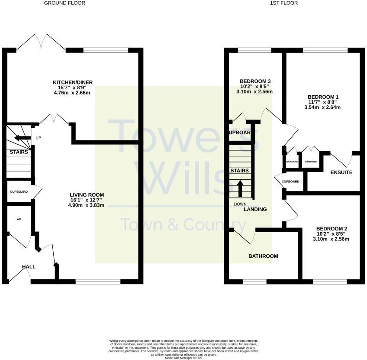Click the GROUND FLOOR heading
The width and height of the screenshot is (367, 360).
tap(64, 3)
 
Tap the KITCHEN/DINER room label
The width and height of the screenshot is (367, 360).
tap(73, 82)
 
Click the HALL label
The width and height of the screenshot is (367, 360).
tap(29, 267)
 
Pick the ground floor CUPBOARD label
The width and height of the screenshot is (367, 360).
tap(19, 191)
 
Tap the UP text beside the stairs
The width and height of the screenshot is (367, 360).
tap(38, 138)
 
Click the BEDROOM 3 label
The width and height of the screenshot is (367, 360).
tap(255, 81)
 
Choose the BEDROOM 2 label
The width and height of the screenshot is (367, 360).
tap(332, 229)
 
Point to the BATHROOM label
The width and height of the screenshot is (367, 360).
tap(263, 256)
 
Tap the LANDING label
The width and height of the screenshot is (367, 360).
tap(255, 209)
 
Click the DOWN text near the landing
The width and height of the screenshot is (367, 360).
tap(240, 204)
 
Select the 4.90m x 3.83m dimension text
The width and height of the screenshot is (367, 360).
tap(86, 205)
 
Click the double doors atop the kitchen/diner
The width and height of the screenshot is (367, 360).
tap(40, 42)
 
